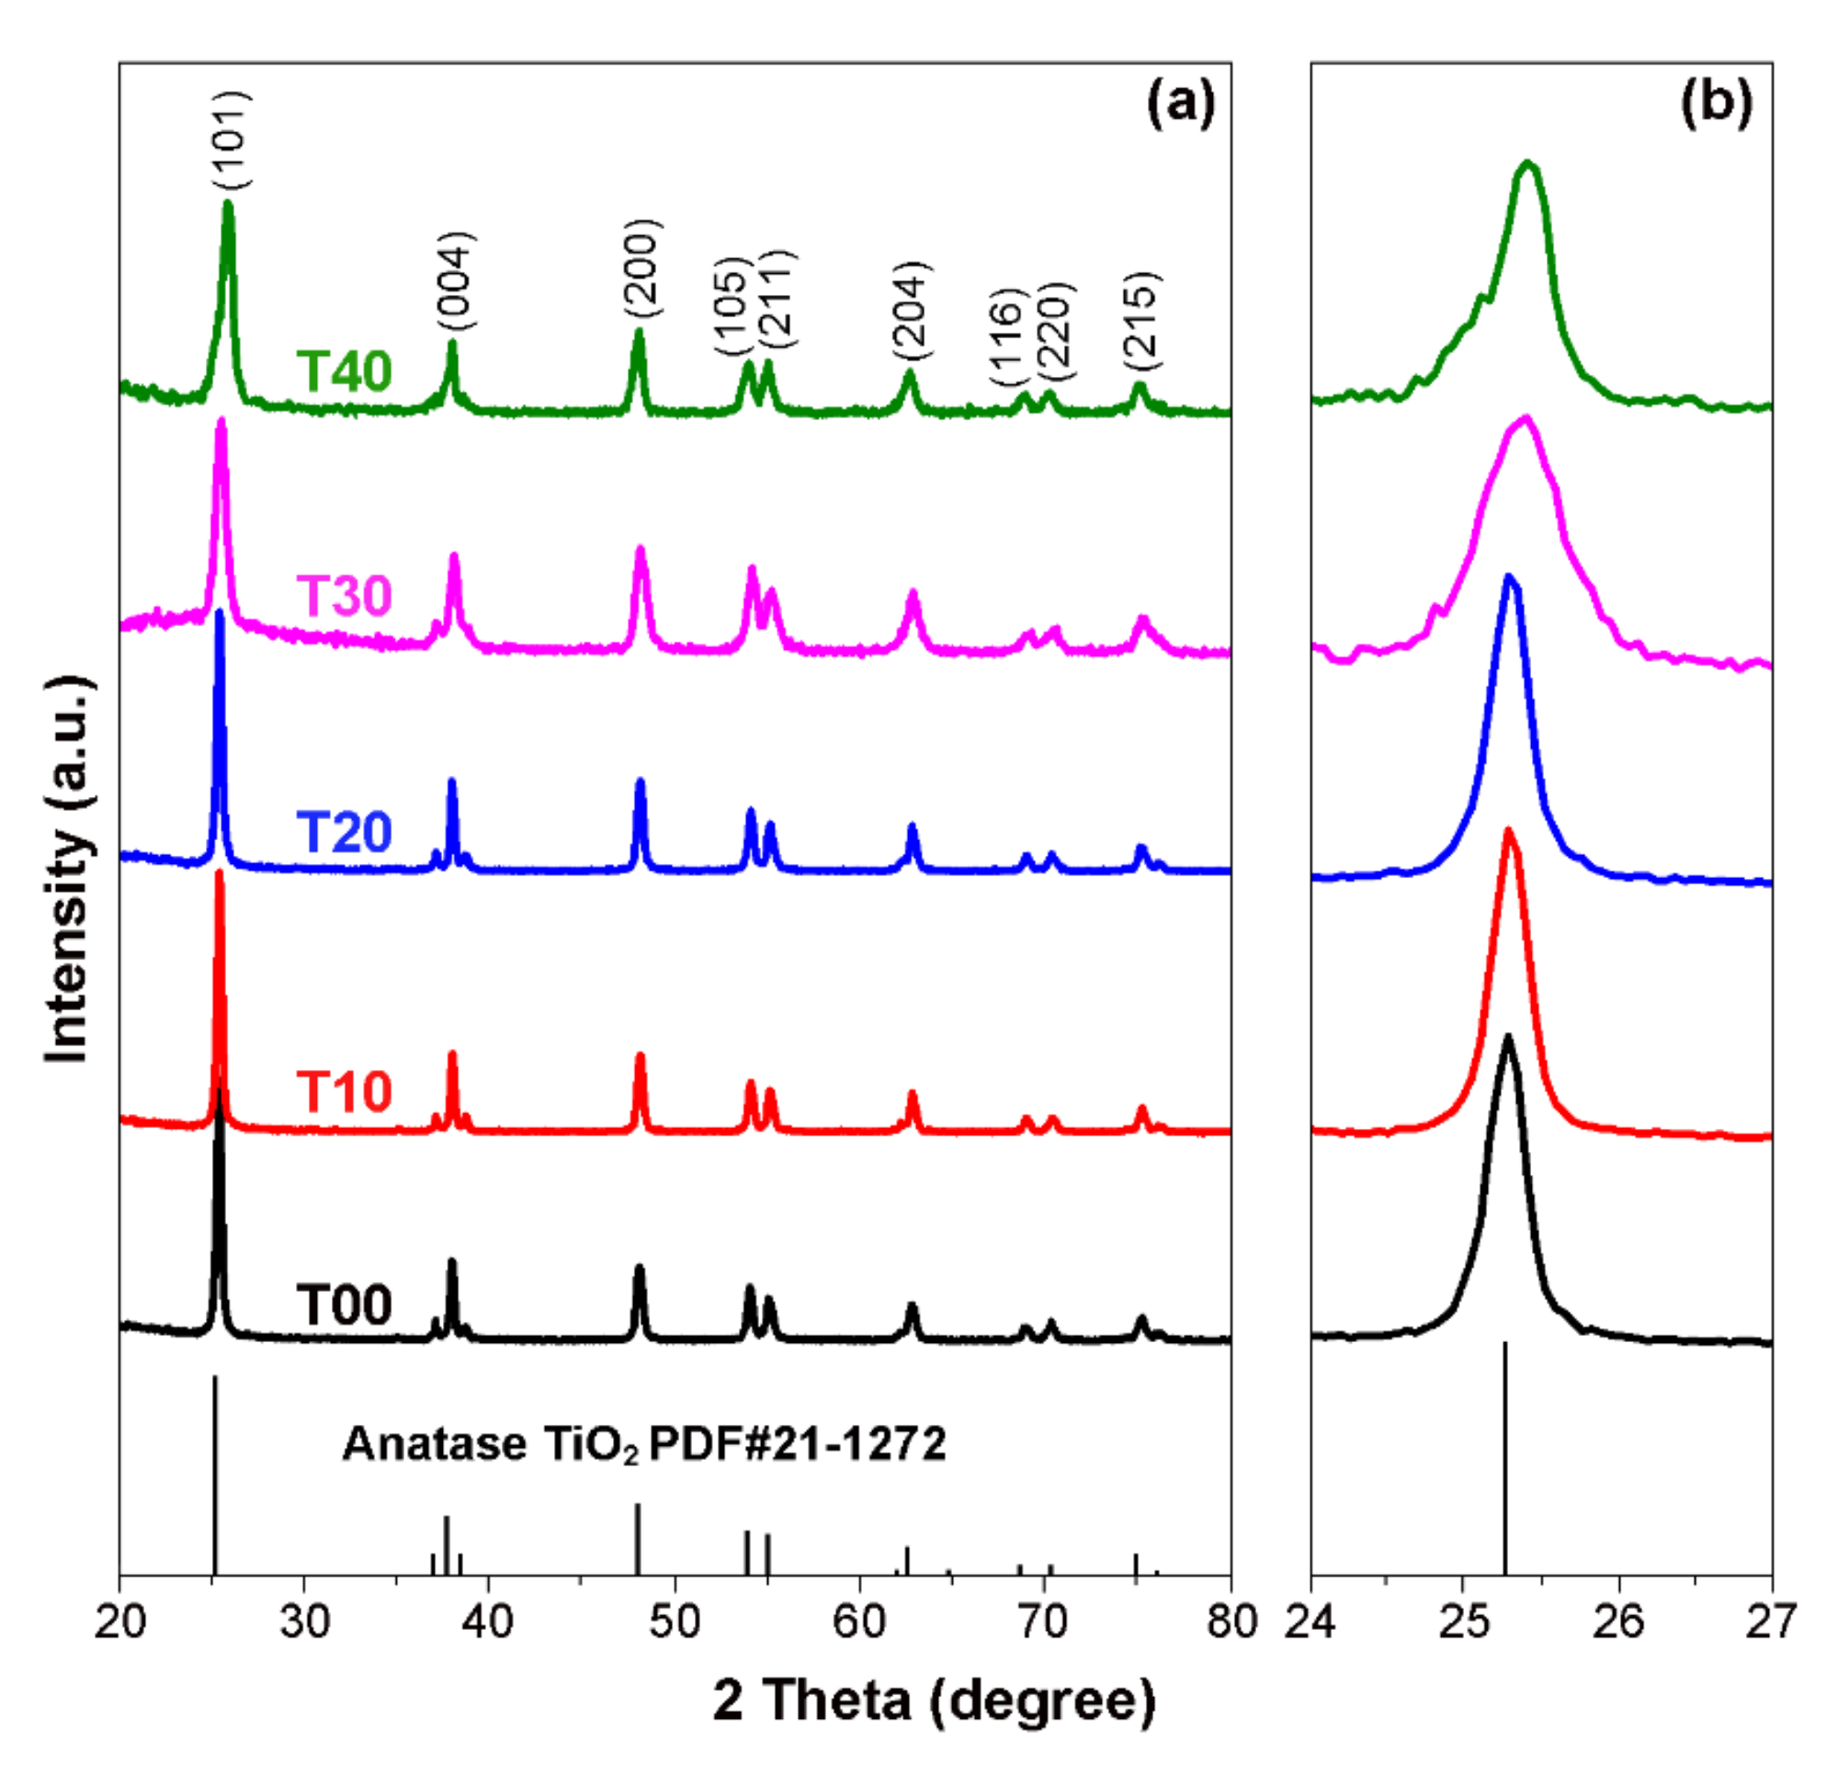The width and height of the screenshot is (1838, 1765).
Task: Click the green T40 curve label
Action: tap(343, 370)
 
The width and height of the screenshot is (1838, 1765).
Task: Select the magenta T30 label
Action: tap(343, 595)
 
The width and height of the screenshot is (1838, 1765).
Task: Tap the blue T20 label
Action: tap(343, 831)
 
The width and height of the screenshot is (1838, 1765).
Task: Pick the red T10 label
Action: tap(343, 1090)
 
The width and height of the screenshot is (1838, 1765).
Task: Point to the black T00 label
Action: tap(343, 1304)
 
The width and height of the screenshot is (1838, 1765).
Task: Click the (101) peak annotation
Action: tap(230, 141)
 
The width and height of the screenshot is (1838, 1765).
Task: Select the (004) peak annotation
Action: tap(456, 281)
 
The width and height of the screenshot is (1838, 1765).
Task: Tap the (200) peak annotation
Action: tap(642, 268)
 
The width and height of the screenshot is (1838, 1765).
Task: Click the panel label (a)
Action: tap(1181, 100)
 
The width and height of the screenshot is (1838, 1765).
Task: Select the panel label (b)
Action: tap(1715, 100)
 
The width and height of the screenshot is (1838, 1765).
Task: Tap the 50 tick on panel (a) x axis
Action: tap(675, 1620)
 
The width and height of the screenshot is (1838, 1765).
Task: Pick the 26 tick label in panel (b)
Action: tap(1618, 1620)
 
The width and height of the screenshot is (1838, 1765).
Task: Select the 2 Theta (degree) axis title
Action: tap(934, 1700)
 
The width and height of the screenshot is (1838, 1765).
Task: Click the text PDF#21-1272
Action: tap(797, 1443)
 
